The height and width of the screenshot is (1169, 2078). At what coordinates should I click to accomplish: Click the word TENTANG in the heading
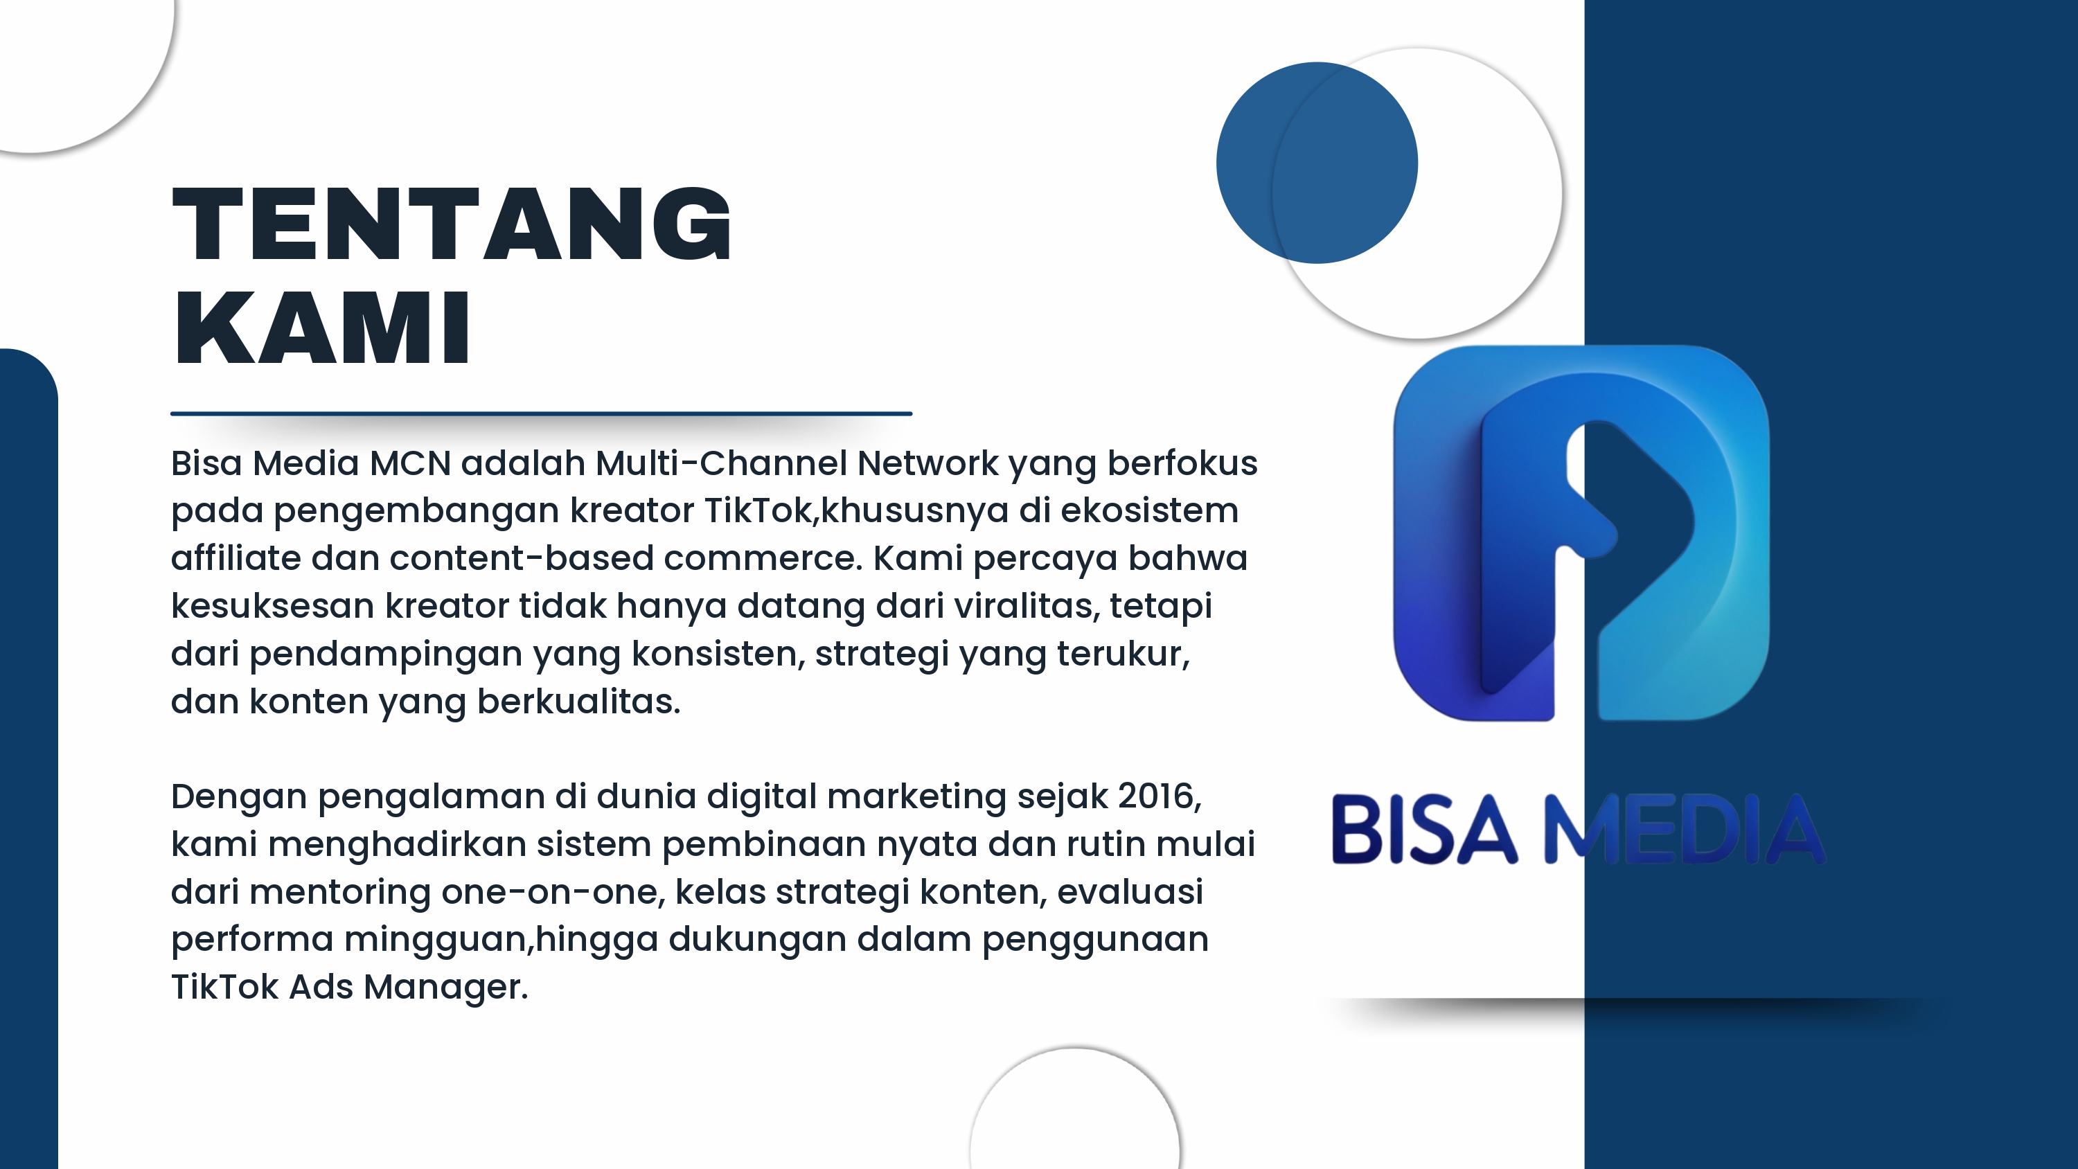click(x=452, y=224)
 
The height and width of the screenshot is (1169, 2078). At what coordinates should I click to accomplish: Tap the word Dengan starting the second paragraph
click(x=239, y=797)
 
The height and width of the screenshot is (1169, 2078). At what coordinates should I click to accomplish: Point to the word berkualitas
click(x=578, y=702)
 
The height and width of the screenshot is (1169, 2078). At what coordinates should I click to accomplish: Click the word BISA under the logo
click(x=1424, y=830)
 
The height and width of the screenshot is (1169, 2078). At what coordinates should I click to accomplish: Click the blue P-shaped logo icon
click(x=1581, y=533)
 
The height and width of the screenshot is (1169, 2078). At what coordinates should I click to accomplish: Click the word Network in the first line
click(x=927, y=464)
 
